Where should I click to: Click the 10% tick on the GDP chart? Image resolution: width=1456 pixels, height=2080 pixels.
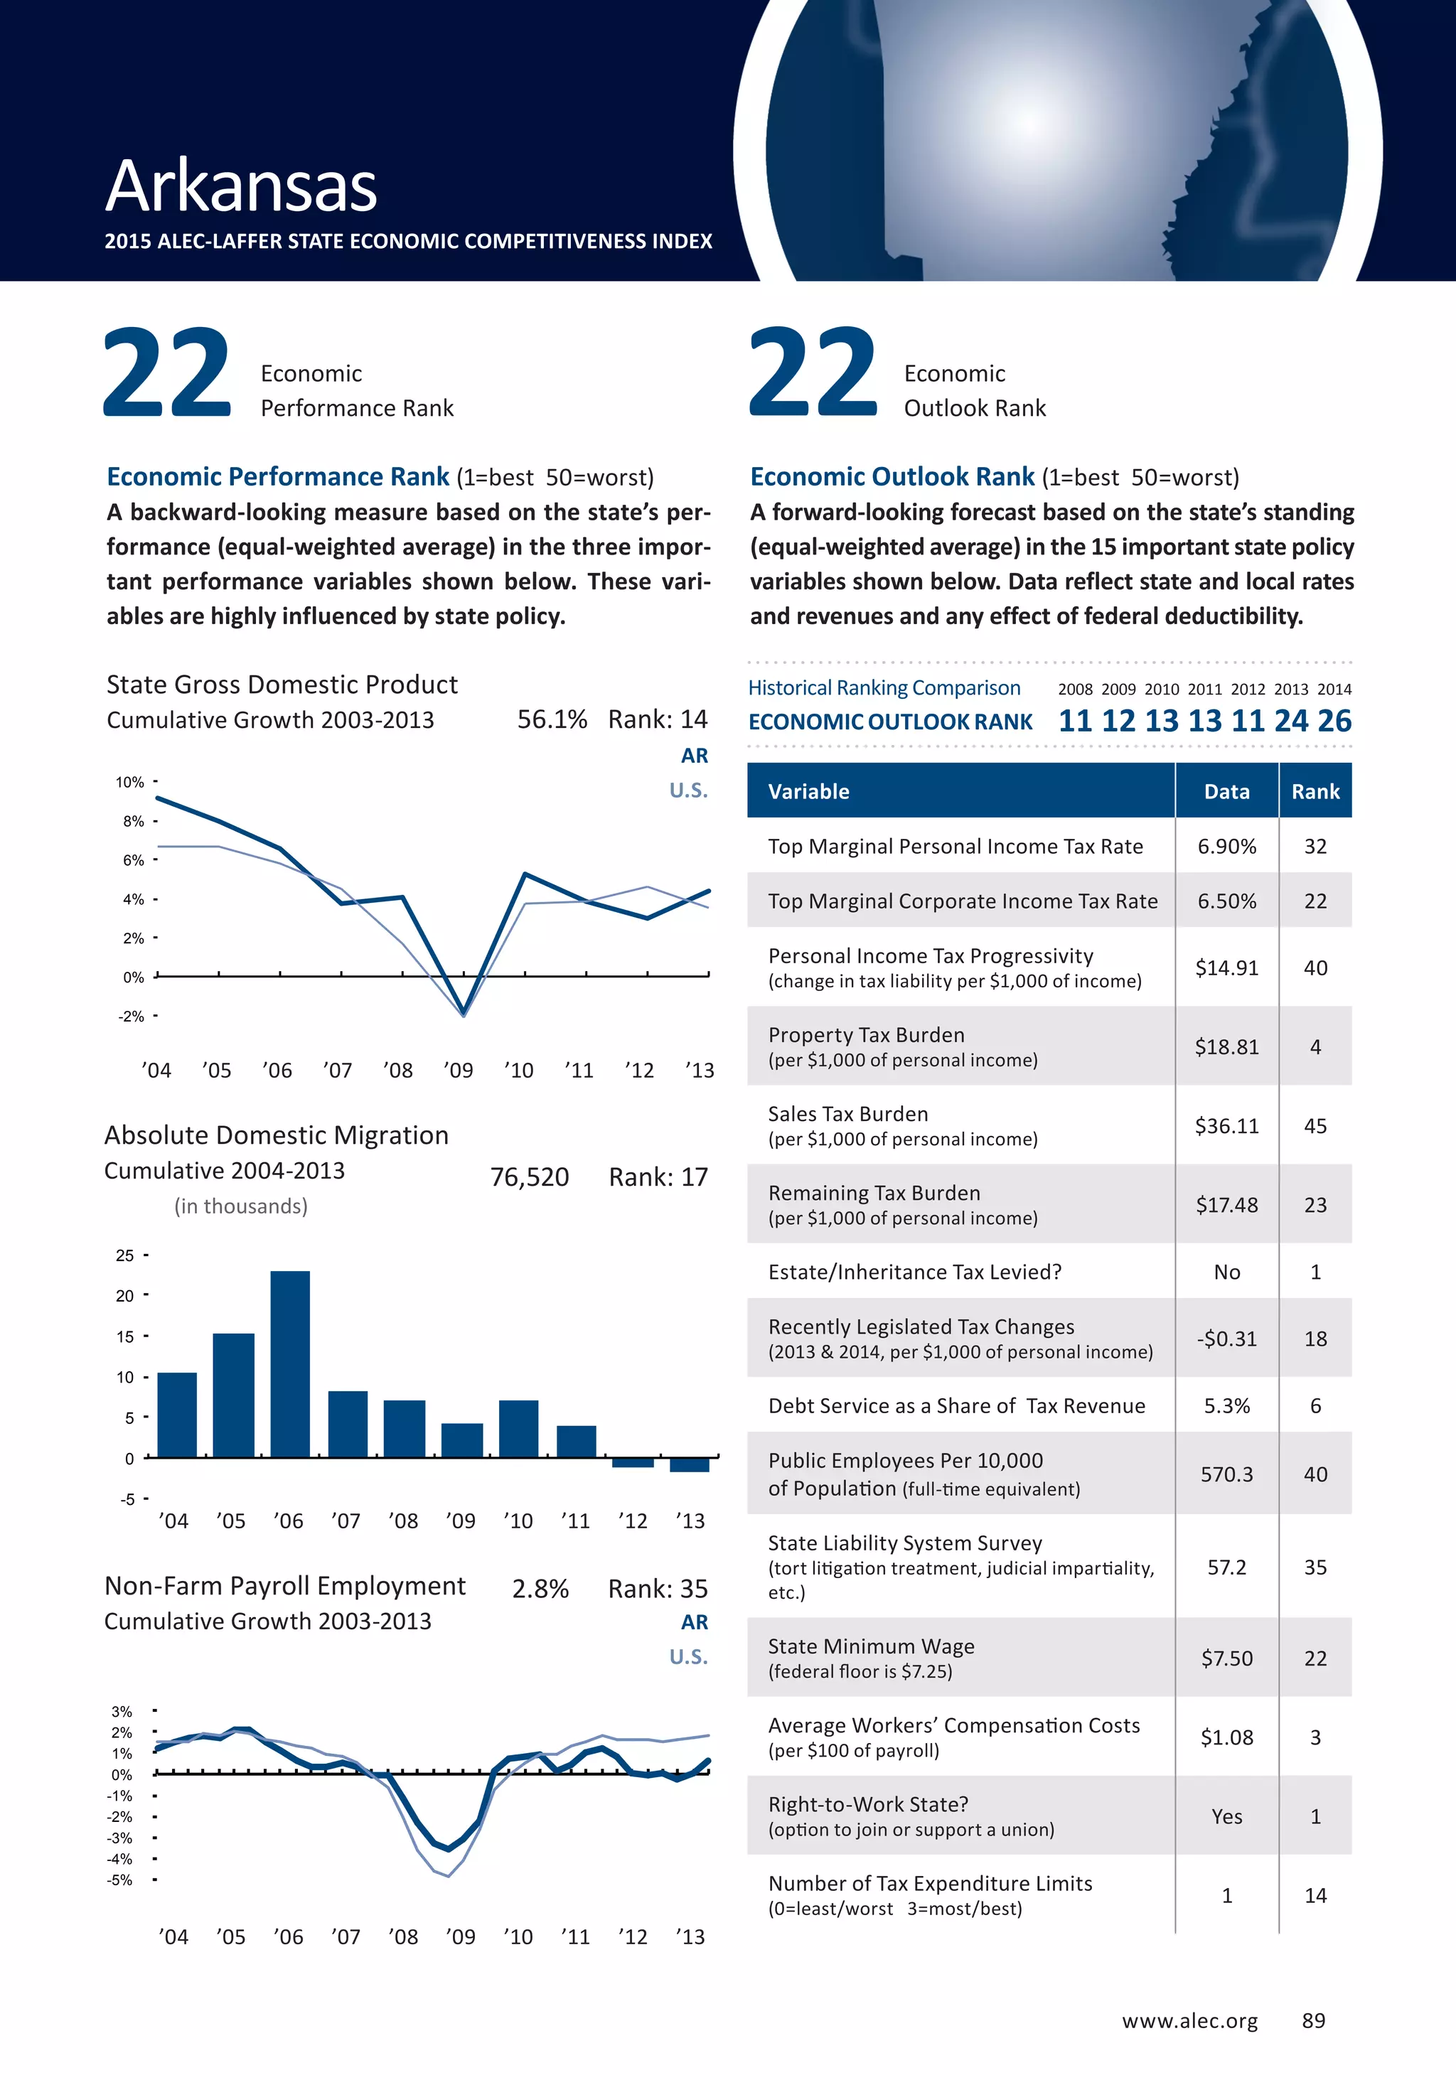[129, 782]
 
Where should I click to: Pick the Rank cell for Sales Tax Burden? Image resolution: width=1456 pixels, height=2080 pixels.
[1315, 1126]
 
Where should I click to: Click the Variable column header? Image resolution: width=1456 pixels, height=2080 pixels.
[809, 792]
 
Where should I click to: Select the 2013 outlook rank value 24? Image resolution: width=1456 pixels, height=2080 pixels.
[1291, 721]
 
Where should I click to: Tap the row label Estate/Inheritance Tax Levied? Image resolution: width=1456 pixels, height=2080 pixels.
[914, 1272]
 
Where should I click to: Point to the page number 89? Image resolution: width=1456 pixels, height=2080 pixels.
[1313, 2020]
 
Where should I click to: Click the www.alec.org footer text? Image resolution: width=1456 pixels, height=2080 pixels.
[1189, 2021]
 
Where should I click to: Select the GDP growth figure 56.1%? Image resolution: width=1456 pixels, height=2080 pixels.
[552, 719]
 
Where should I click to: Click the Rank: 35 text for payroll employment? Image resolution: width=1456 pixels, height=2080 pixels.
[658, 1589]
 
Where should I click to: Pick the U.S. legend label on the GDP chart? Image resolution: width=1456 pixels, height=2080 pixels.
[689, 790]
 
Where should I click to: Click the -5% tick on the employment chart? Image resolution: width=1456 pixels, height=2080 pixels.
[119, 1880]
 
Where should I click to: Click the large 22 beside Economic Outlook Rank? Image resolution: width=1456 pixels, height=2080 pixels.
[813, 373]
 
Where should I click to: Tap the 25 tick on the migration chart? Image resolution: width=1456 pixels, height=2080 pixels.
[124, 1255]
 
